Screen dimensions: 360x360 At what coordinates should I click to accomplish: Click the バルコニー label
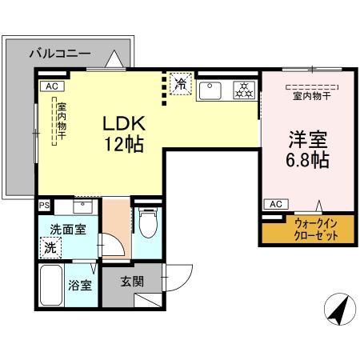pyautogui.click(x=60, y=54)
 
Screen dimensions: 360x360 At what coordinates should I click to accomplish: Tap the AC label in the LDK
pyautogui.click(x=51, y=86)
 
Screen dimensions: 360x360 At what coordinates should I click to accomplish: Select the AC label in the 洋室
pyautogui.click(x=275, y=205)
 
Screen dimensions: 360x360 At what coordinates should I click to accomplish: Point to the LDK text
pyautogui.click(x=122, y=125)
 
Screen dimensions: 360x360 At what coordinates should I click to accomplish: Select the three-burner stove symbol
pyautogui.click(x=242, y=90)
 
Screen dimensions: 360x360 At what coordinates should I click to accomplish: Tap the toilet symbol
pyautogui.click(x=146, y=225)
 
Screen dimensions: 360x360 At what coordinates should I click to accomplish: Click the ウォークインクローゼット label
pyautogui.click(x=299, y=230)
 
